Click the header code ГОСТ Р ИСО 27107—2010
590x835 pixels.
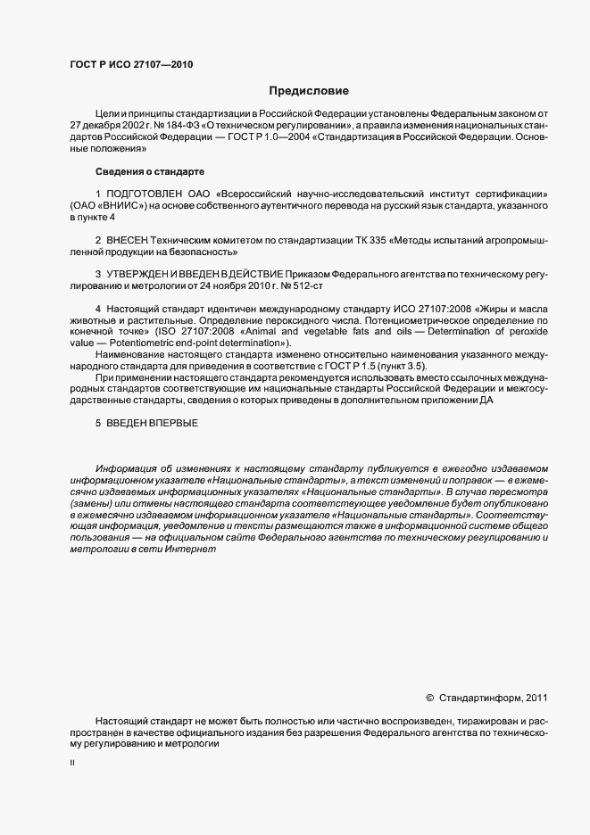click(130, 64)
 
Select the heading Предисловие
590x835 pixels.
click(310, 91)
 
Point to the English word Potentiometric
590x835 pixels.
click(136, 343)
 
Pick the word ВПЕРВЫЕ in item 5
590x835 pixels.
click(175, 422)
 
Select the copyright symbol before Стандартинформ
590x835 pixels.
click(430, 698)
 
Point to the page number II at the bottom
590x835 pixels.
click(72, 764)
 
